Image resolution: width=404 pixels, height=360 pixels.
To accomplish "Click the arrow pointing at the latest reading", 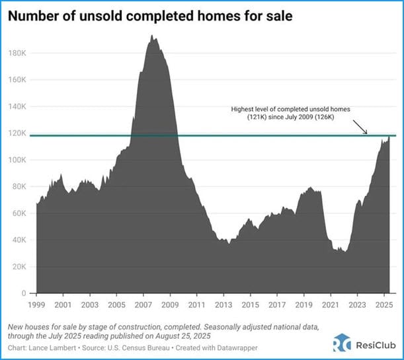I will [x=361, y=127].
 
